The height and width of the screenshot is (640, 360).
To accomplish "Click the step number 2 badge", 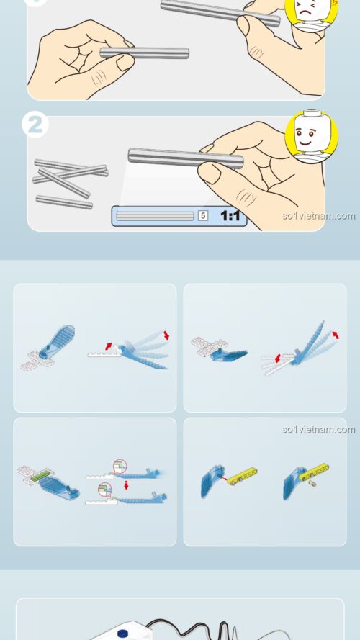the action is click(35, 125).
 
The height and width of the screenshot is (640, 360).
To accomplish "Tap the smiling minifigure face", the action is click(312, 136).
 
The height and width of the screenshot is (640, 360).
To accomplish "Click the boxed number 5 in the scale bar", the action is click(203, 215).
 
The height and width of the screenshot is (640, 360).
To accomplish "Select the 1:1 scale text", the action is click(230, 215).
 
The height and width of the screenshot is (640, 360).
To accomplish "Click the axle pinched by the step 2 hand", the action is click(186, 158).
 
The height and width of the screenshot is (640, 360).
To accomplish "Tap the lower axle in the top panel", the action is click(145, 53).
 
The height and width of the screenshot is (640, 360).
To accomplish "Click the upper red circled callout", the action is click(120, 466).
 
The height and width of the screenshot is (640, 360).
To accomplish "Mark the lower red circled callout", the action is click(105, 490).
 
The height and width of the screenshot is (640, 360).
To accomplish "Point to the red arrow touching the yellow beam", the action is click(223, 478).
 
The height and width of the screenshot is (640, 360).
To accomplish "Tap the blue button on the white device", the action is click(123, 633).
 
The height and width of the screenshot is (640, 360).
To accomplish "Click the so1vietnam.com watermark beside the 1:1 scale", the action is click(319, 215).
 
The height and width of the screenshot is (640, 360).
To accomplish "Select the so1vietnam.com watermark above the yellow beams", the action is click(319, 429).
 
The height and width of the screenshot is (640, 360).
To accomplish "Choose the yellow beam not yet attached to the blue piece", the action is click(242, 476).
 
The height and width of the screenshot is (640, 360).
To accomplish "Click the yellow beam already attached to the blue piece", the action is click(315, 472).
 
